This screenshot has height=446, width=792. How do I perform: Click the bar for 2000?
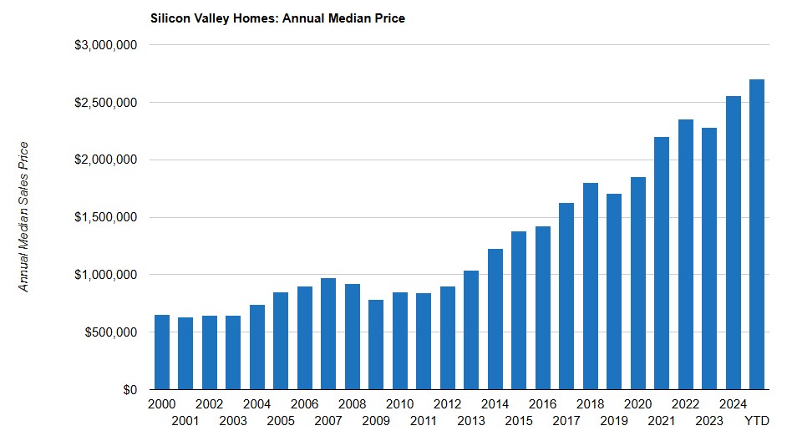click(x=161, y=352)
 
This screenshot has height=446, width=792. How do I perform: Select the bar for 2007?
click(x=328, y=334)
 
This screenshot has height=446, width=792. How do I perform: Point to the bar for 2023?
click(x=709, y=258)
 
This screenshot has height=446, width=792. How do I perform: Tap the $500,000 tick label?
click(x=111, y=332)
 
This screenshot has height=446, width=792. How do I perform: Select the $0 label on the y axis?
click(x=129, y=390)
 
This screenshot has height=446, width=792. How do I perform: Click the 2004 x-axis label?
click(x=256, y=404)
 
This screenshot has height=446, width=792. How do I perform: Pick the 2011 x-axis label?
click(x=424, y=420)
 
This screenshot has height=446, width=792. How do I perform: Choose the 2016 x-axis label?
click(x=543, y=404)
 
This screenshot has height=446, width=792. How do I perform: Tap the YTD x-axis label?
click(x=757, y=420)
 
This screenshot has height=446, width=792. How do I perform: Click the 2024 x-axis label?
click(x=734, y=404)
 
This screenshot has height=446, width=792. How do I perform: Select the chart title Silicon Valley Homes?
click(x=277, y=18)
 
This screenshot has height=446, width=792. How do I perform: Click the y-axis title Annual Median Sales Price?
click(x=24, y=217)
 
